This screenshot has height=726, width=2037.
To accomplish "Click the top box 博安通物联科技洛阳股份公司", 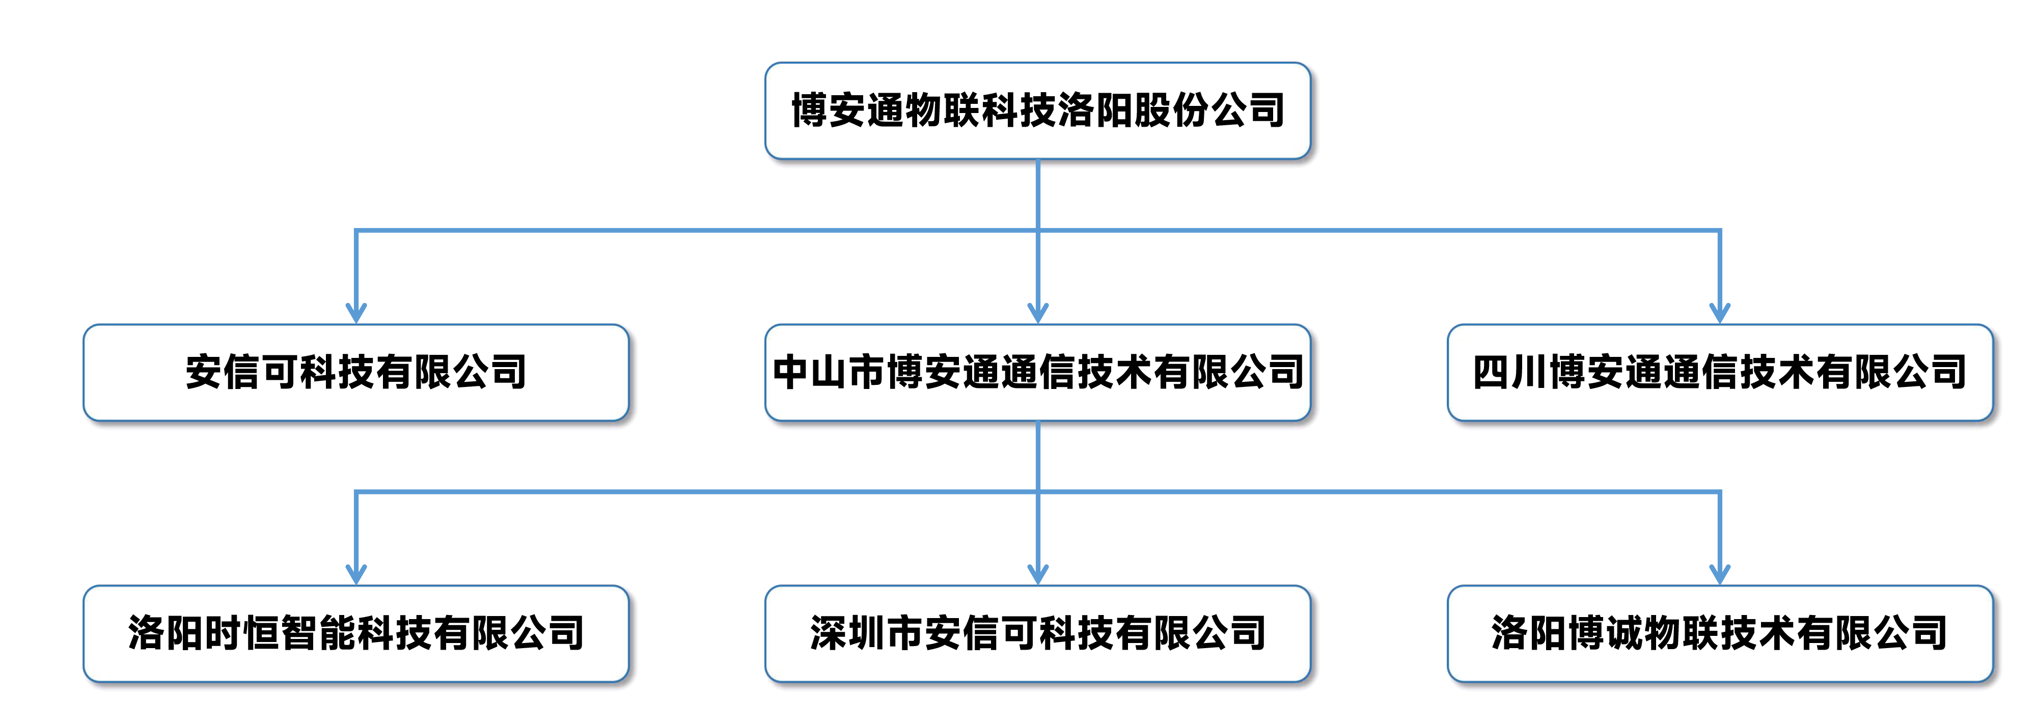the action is [x=1037, y=110].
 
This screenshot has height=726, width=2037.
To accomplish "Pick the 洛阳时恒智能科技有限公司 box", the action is [x=356, y=633].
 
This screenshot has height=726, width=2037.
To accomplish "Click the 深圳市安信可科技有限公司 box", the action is [x=1037, y=633].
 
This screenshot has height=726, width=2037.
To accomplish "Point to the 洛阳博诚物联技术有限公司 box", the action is [x=1720, y=633].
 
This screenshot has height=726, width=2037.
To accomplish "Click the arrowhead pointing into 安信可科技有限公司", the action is [x=356, y=313].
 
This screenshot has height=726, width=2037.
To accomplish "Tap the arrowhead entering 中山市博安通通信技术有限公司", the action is [x=1037, y=313].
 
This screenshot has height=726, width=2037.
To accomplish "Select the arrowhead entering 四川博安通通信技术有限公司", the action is [x=1720, y=313].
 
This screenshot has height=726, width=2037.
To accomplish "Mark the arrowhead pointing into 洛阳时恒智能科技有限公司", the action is [x=356, y=574].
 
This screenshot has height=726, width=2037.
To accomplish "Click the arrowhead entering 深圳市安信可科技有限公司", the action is [x=1037, y=574].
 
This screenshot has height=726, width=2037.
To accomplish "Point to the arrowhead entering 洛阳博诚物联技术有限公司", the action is [x=1720, y=574].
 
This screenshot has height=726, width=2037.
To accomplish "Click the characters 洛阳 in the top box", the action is [x=1095, y=110].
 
